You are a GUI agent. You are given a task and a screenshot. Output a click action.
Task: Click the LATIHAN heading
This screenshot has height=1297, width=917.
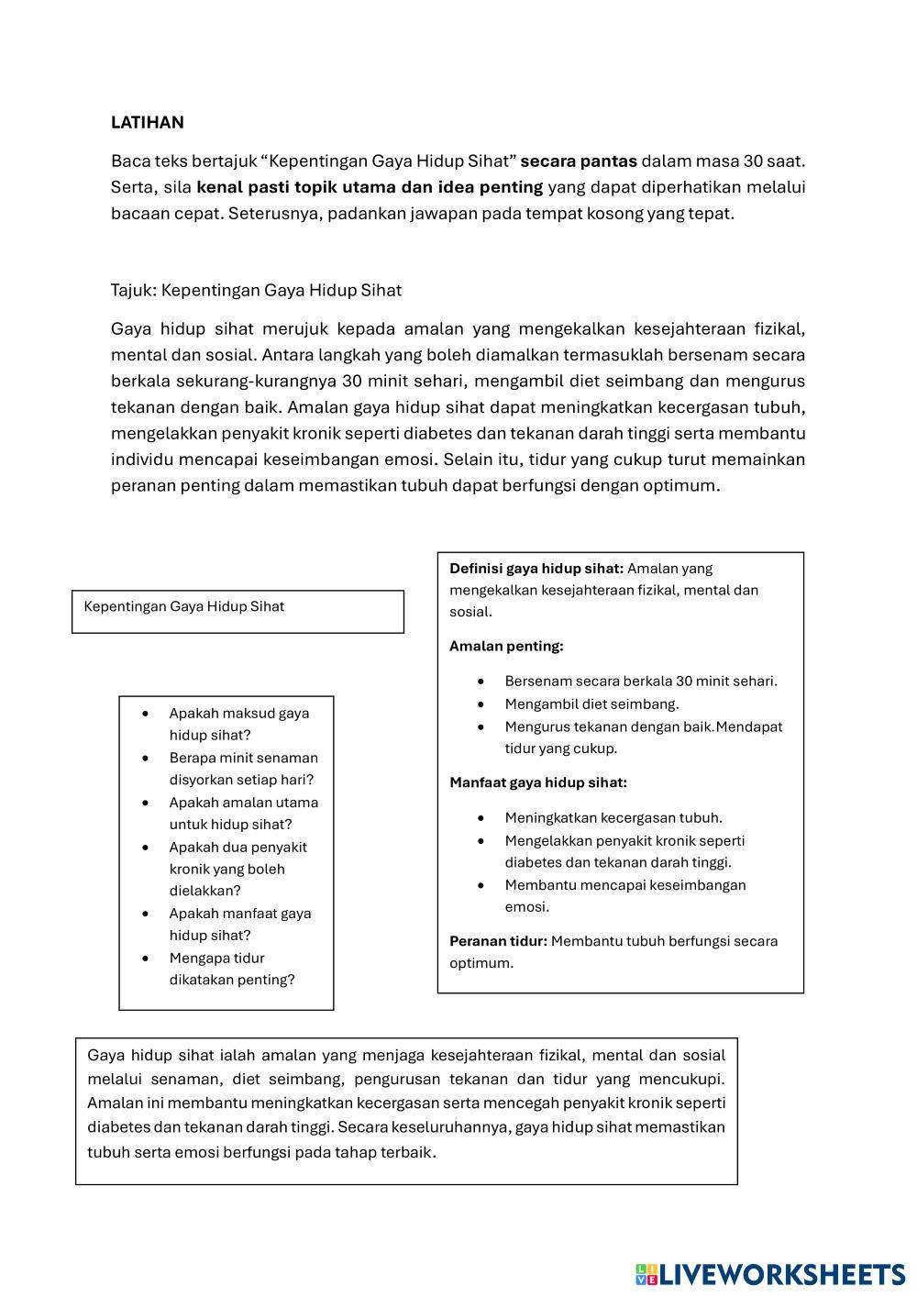coord(147,123)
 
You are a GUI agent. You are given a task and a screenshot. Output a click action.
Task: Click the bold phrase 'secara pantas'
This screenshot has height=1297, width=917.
coord(579,161)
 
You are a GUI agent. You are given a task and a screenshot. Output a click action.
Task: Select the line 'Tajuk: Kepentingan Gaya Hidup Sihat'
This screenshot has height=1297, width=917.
coord(256,291)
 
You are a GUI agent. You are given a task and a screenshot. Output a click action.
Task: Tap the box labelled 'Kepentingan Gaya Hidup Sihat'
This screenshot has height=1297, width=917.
coord(238,611)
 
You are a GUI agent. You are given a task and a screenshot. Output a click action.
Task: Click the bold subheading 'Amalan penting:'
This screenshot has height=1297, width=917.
coord(506,647)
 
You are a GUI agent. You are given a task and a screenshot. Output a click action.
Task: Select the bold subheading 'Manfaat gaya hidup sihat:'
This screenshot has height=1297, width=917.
coord(538,783)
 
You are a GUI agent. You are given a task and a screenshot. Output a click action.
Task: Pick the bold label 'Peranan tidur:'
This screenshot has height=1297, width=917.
coord(498,941)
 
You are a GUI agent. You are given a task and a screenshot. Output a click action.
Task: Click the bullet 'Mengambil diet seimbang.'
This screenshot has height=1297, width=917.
coord(591,704)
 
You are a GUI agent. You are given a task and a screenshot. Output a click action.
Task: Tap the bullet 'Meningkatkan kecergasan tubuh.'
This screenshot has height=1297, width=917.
coord(613,818)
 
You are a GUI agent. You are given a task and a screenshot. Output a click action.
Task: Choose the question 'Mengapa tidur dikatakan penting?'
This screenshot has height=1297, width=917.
coord(232,969)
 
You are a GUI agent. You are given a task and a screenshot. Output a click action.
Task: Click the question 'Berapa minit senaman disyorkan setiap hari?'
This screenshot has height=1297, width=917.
coord(243,769)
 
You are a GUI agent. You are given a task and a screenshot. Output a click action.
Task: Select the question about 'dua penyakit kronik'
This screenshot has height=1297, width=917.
coord(238,869)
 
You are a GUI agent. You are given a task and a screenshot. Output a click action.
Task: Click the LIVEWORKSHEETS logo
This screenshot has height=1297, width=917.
coord(770,1273)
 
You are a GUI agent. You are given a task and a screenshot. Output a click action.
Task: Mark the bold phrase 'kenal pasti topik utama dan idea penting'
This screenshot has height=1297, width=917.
coord(370,188)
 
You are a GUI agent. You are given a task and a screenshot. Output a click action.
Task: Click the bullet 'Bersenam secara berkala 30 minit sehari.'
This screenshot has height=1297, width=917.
coord(640,682)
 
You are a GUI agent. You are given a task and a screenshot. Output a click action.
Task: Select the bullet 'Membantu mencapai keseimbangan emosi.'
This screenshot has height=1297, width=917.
coord(624,896)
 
